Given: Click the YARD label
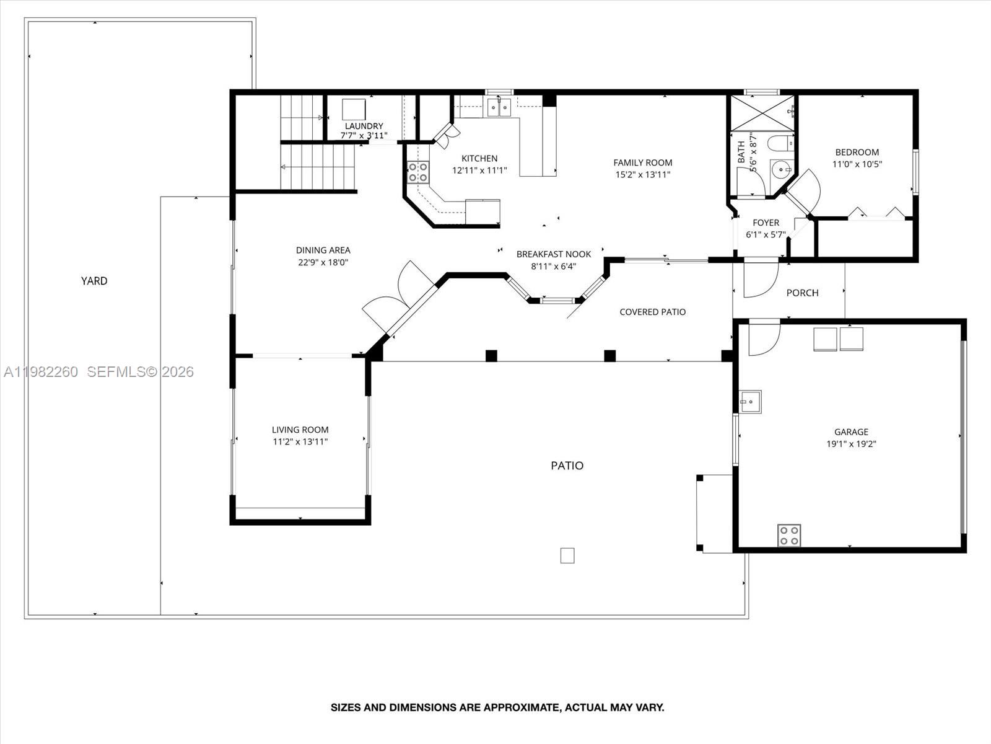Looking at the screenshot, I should [x=94, y=281].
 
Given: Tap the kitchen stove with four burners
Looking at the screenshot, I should [x=418, y=172].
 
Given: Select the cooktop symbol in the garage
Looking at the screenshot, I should [x=789, y=536].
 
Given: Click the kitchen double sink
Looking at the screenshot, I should [x=499, y=108].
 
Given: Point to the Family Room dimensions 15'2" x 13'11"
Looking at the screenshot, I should [x=643, y=175].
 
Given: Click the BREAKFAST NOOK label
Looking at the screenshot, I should [x=554, y=254].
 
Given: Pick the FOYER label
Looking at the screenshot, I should [x=766, y=223].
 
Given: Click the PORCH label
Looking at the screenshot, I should [x=802, y=293].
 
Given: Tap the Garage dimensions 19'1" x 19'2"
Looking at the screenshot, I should [x=851, y=444].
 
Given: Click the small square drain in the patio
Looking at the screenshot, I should [x=567, y=556].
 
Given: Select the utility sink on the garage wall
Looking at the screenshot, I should [x=750, y=402].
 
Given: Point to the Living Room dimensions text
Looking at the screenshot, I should [x=300, y=442].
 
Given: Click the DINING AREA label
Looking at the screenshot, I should [x=323, y=250].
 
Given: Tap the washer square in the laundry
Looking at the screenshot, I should [x=355, y=110].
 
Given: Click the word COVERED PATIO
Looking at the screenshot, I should [x=652, y=312].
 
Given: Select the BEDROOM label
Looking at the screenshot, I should [x=857, y=152].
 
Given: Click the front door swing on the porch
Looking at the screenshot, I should [x=759, y=278].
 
